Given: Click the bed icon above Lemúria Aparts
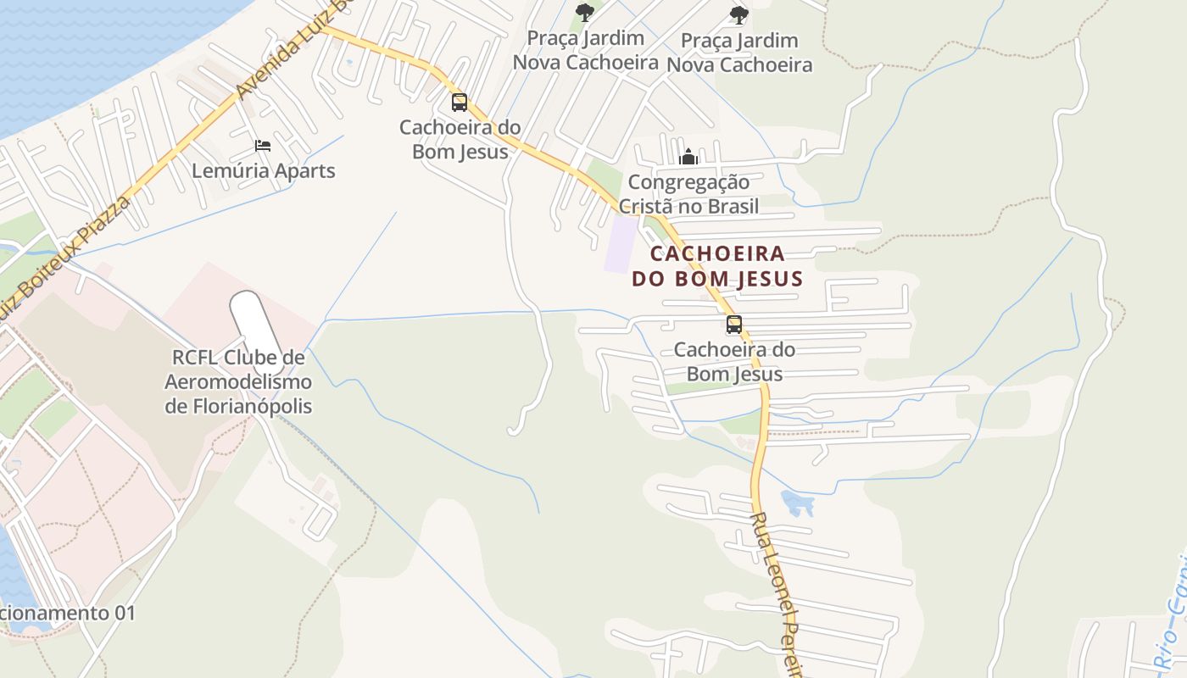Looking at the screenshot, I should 263,146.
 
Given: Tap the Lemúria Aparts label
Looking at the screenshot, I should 263,170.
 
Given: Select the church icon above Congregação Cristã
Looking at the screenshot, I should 688,157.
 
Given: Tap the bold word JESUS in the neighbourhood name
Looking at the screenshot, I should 763,278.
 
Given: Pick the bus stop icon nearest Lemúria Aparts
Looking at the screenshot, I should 460,103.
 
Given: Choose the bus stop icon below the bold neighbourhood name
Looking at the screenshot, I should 734,324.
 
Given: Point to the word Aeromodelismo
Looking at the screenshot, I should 238,382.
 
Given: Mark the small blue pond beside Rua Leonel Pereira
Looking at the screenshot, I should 797,503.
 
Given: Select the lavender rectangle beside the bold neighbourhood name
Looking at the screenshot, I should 621,244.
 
